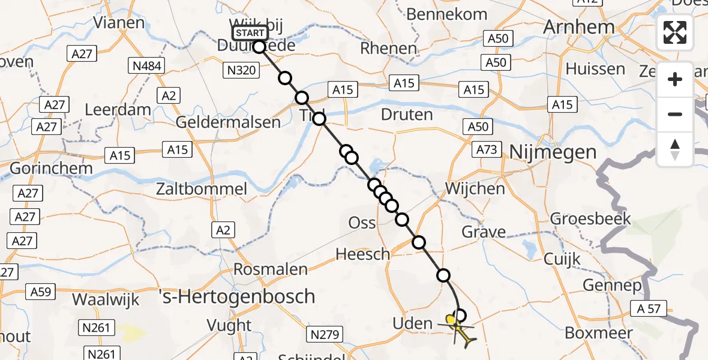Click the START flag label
pyautogui.click(x=249, y=32)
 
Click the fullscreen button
pyautogui.click(x=675, y=32)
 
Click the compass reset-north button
pyautogui.click(x=675, y=149)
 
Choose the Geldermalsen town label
pyautogui.click(x=228, y=122)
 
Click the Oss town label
pyautogui.click(x=362, y=223)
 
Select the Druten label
pyautogui.click(x=406, y=114)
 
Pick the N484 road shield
pyautogui.click(x=148, y=65)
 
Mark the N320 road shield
pyautogui.click(x=242, y=71)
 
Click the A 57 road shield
pyautogui.click(x=649, y=309)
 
